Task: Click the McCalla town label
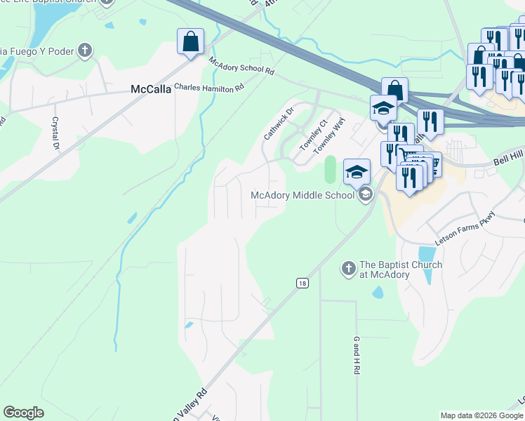click(x=150, y=89)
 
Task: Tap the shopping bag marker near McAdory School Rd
click(x=191, y=41)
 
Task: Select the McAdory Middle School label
click(x=303, y=195)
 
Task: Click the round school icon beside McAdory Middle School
click(x=365, y=195)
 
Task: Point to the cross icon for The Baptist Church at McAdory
click(x=348, y=268)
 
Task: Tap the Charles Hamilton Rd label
click(x=208, y=88)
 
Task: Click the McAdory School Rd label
click(x=241, y=67)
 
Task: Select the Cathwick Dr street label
click(x=277, y=123)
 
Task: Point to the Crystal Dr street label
click(x=55, y=133)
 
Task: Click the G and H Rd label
click(x=357, y=354)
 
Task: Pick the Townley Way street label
click(x=330, y=137)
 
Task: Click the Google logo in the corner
click(x=23, y=413)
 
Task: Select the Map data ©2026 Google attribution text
click(x=481, y=415)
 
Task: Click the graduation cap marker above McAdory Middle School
click(x=357, y=171)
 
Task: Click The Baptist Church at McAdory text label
click(x=401, y=269)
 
